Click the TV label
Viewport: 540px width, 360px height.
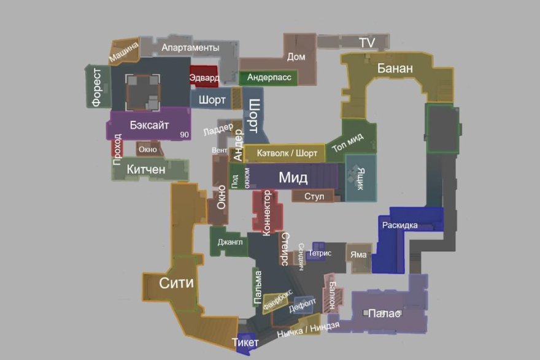[x=367, y=42]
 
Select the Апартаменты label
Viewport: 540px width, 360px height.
[x=190, y=48]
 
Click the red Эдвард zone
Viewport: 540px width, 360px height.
[x=204, y=78]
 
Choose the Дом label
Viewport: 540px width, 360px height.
[x=296, y=57]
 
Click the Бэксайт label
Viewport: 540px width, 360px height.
[x=147, y=124]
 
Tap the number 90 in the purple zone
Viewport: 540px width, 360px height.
[x=183, y=134]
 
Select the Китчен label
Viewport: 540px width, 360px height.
[x=146, y=169]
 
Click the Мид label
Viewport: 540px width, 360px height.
[x=293, y=178]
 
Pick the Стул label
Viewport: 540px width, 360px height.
[x=314, y=196]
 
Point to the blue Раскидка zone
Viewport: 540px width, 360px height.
[x=399, y=225]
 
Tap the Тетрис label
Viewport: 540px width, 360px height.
[x=320, y=253]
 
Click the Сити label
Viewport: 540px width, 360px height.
[x=176, y=283]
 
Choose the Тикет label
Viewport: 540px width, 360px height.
[x=245, y=342]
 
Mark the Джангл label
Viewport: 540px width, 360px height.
[x=230, y=242]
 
